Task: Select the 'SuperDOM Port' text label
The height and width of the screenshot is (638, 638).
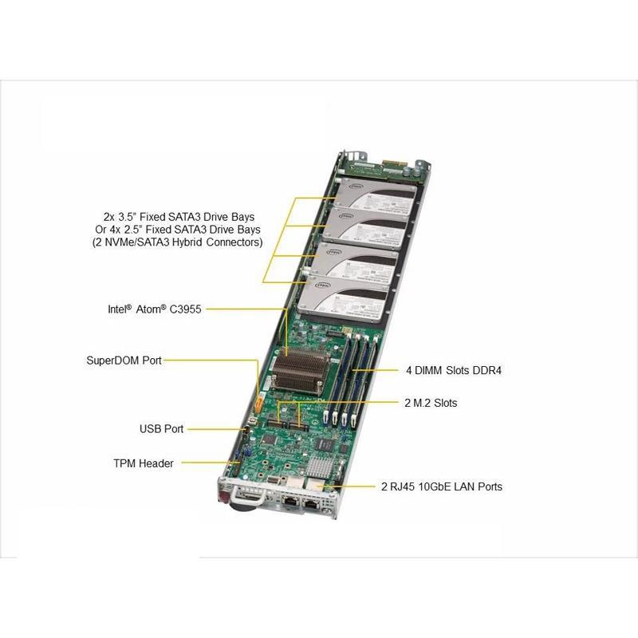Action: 124,360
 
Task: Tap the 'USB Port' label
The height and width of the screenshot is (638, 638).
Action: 161,429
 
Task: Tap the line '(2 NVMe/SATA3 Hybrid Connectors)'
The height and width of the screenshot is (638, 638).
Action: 178,242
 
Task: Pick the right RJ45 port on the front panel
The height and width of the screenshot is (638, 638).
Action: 313,502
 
